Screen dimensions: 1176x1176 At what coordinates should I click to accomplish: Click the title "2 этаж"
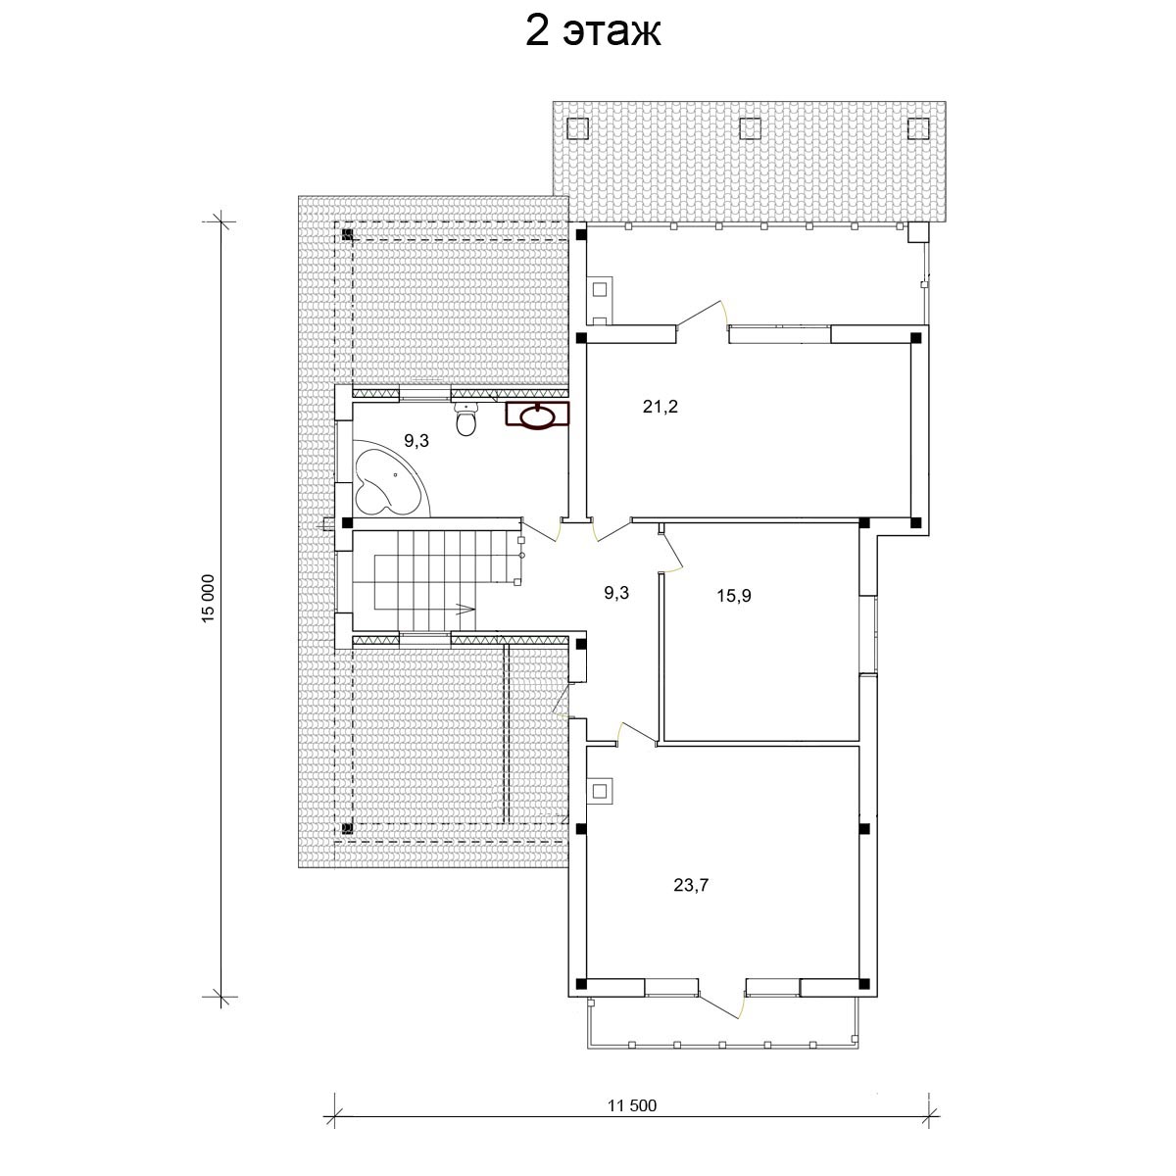pyautogui.click(x=593, y=33)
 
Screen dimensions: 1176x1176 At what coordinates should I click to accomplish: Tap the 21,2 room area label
pyautogui.click(x=660, y=407)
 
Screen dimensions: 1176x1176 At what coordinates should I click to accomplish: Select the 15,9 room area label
pyautogui.click(x=734, y=596)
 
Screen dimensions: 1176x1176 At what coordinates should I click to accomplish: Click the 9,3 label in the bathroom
pyautogui.click(x=416, y=441)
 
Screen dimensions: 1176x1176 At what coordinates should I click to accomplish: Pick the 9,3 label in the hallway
pyautogui.click(x=616, y=593)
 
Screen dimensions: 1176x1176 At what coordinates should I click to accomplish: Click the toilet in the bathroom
pyautogui.click(x=466, y=418)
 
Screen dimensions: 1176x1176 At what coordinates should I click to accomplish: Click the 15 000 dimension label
pyautogui.click(x=210, y=598)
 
